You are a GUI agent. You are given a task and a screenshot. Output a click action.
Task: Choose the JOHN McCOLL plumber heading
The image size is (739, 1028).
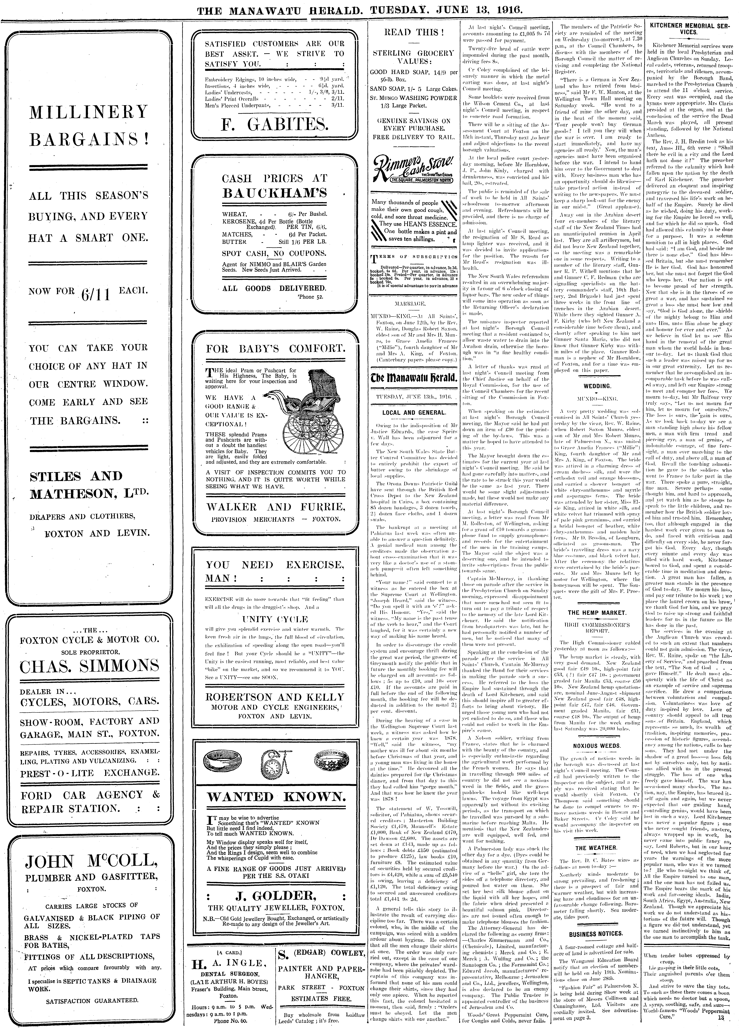pyautogui.click(x=89, y=860)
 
